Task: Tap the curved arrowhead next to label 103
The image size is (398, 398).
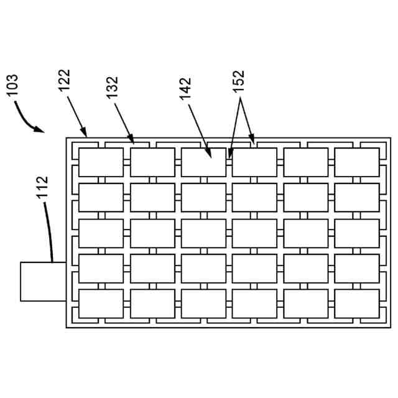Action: (41, 131)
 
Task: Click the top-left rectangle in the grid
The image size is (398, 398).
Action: (101, 162)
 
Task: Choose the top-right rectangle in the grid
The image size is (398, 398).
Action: (356, 162)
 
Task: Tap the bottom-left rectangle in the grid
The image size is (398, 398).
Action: (101, 303)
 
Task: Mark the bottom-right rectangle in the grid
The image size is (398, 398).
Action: (356, 303)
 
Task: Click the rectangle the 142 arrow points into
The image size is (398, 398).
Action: (203, 162)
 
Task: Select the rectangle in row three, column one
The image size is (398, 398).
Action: (101, 233)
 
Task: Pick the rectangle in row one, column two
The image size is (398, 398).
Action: (152, 162)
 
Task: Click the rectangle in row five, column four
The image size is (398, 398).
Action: (254, 303)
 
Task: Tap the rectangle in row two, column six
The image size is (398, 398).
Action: (356, 198)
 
